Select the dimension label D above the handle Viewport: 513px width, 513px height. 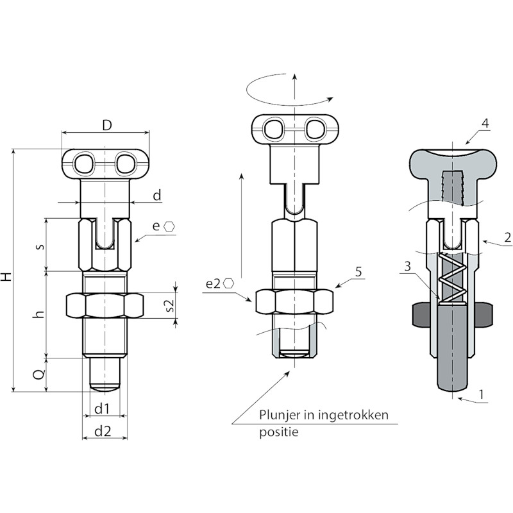(x=107, y=125)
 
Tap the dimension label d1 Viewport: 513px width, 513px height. (x=102, y=408)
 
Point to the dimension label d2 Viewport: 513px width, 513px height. (x=103, y=432)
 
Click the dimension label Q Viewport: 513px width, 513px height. (x=39, y=374)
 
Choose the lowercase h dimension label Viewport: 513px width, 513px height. (x=40, y=314)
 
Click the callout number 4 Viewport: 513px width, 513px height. (x=485, y=123)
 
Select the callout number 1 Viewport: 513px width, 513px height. (x=481, y=394)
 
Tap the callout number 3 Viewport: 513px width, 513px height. (x=407, y=267)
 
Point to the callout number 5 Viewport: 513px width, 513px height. (x=359, y=271)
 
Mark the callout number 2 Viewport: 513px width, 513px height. (x=507, y=237)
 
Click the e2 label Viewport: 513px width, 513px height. (x=214, y=283)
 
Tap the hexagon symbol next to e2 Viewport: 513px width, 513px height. (x=229, y=283)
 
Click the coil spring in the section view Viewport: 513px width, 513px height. (x=452, y=278)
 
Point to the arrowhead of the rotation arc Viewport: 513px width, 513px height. (x=331, y=98)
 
